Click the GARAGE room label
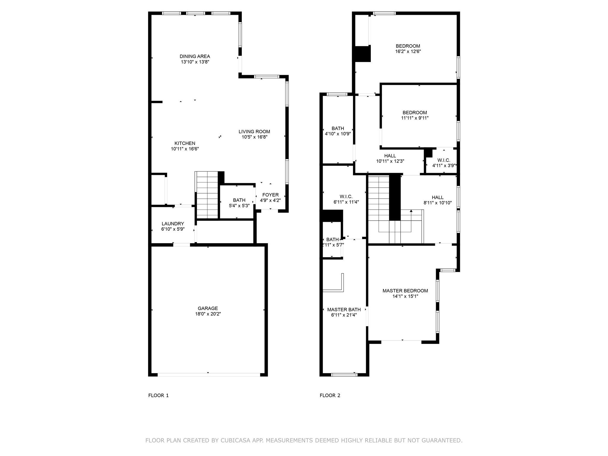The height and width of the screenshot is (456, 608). [x=208, y=308]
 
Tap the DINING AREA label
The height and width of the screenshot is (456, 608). [x=195, y=56]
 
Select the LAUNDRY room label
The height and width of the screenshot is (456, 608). [x=173, y=224]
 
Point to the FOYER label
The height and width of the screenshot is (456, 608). [x=270, y=195]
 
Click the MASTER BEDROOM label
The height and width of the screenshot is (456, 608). [x=405, y=291]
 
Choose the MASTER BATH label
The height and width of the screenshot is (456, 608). [x=344, y=310]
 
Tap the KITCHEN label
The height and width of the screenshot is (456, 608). [x=185, y=143]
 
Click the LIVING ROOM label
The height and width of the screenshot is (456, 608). [x=254, y=132]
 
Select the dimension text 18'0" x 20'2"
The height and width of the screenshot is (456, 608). [x=208, y=314]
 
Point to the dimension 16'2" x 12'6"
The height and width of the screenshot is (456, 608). [x=408, y=51]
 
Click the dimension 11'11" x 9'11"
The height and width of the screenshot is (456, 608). [x=415, y=118]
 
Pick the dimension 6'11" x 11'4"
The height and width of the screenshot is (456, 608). [x=346, y=202]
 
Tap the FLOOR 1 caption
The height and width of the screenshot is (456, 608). [x=159, y=395]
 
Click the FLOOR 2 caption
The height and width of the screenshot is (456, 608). [x=330, y=395]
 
